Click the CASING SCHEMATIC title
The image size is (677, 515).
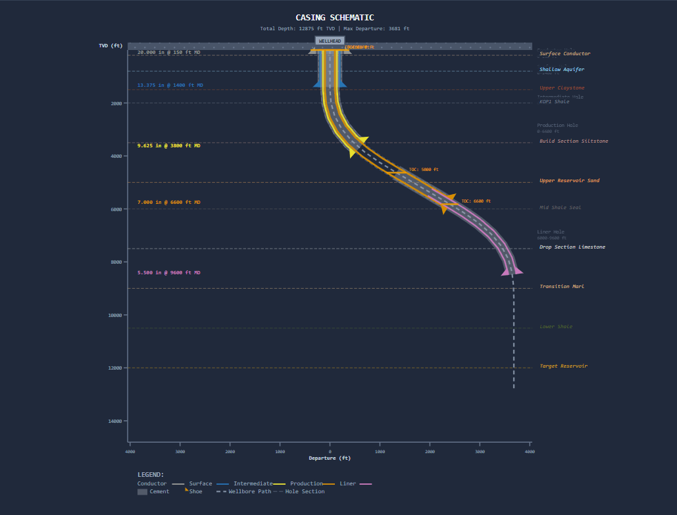(335, 18)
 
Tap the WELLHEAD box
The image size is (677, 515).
(330, 41)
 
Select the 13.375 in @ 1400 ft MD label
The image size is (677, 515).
(170, 86)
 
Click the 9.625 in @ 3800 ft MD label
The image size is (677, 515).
(168, 145)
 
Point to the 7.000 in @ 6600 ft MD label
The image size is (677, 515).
(168, 203)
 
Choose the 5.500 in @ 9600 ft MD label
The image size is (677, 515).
(168, 273)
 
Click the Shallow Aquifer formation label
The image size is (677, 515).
(561, 70)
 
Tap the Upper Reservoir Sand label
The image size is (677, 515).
(569, 181)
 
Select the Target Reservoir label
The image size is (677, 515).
(563, 366)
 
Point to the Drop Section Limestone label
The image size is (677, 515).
(572, 247)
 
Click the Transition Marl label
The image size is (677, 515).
(561, 287)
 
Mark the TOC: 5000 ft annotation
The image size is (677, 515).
(423, 170)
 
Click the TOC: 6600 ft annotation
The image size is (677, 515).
(475, 201)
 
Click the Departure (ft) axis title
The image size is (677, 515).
(330, 458)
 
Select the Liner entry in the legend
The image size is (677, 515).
(348, 484)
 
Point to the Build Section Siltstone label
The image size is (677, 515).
(574, 141)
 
